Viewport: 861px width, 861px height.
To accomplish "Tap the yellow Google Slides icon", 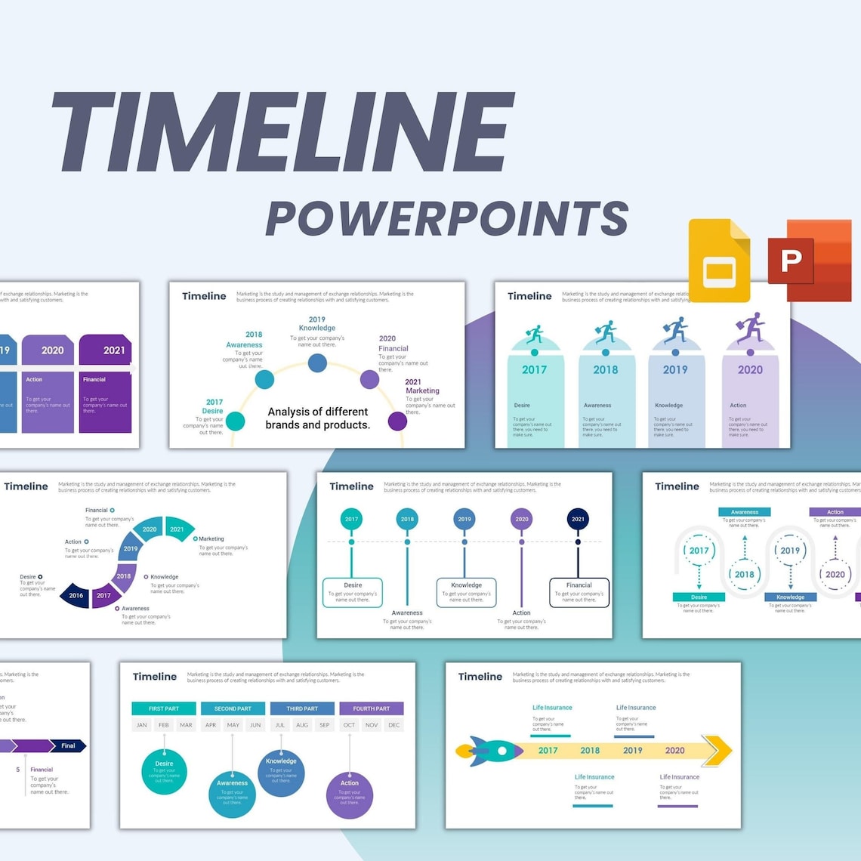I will coord(719,261).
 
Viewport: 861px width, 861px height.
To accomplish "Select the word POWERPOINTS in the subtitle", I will coord(446,219).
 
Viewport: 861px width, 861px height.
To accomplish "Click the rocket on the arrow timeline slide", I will coord(489,751).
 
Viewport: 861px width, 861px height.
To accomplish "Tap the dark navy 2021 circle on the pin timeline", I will coord(578,519).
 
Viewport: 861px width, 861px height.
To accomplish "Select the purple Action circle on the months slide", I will coord(349,795).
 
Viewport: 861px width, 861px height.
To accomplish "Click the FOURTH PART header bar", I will coord(372,708).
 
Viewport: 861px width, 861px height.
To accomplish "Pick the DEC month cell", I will coord(393,725).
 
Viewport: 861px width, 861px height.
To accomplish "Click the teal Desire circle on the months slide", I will coord(164,771).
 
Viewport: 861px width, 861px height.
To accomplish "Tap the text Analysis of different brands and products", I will coord(318,418).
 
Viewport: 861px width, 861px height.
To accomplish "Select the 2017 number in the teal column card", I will coord(534,369).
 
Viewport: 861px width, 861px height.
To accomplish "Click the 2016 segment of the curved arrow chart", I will coord(76,595).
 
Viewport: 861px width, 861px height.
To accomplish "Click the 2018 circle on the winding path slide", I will coord(745,574).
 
